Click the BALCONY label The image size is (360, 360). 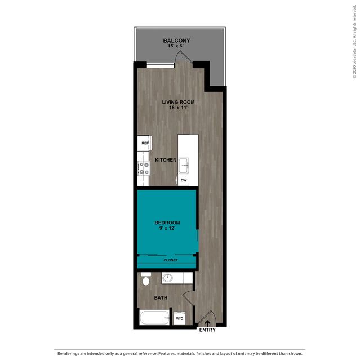click(x=176, y=41)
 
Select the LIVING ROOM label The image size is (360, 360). click(x=178, y=102)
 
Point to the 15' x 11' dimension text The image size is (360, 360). click(x=178, y=108)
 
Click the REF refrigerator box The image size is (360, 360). click(x=144, y=143)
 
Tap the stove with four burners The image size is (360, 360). click(x=144, y=168)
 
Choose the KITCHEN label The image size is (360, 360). click(x=166, y=160)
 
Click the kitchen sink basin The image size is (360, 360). click(x=184, y=165)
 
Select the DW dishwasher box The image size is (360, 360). click(x=184, y=180)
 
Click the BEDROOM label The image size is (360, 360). click(x=167, y=223)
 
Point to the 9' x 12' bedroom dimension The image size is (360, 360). click(x=167, y=228)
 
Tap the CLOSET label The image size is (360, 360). click(x=171, y=260)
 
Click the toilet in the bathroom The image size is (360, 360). click(x=146, y=279)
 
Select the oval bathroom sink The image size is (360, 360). click(x=167, y=278)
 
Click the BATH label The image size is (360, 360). click(x=161, y=298)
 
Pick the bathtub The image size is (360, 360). click(x=154, y=318)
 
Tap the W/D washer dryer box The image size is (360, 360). click(x=180, y=318)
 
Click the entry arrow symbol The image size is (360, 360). click(x=207, y=323)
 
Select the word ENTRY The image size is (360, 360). click(x=207, y=330)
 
